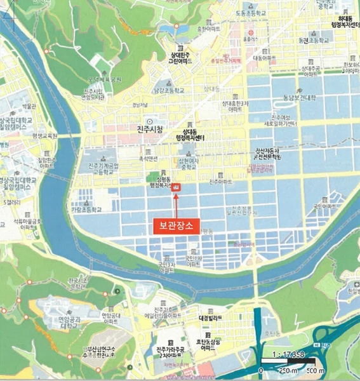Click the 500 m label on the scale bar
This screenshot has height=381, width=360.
[x=316, y=370]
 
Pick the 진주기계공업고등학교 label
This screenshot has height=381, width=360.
[x=100, y=167]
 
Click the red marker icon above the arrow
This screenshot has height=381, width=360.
[x=178, y=187]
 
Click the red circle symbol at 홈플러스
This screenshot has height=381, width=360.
[x=253, y=31]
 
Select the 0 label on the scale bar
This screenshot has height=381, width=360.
[x=261, y=370]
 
